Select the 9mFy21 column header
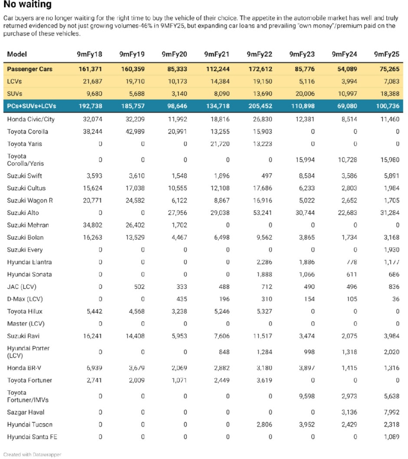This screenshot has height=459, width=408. coord(217,54)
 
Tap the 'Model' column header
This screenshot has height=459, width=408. coord(17,54)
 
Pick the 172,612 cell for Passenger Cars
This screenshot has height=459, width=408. coord(260,69)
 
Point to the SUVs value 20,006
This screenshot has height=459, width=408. coord(303,94)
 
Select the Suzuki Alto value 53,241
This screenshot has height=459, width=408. coord(261,213)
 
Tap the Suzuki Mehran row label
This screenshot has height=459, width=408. coord(28,225)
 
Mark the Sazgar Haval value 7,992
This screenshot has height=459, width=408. coord(390,412)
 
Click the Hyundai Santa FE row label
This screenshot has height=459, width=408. coord(32,437)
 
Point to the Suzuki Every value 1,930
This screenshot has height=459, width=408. coord(390,250)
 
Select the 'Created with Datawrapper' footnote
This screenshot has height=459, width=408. coord(32,454)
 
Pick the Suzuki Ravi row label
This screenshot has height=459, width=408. coord(24,336)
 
